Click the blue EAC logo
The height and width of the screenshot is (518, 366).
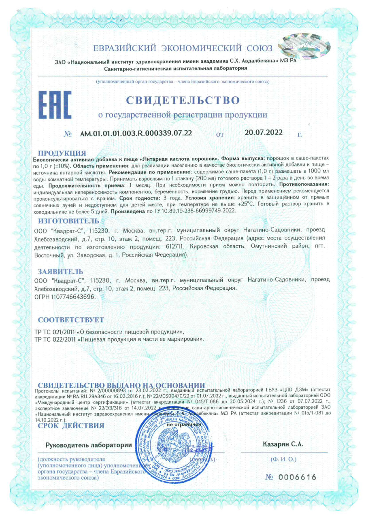click(x=55, y=104)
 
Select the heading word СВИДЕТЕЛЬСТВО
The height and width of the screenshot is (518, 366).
click(x=183, y=100)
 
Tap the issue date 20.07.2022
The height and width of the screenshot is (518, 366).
click(x=264, y=132)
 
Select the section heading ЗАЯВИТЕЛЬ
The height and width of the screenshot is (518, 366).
click(x=61, y=271)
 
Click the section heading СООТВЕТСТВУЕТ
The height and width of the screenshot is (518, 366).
click(x=71, y=320)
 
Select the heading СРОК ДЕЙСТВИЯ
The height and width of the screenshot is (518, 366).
click(x=71, y=425)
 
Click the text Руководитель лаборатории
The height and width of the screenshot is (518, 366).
click(x=89, y=445)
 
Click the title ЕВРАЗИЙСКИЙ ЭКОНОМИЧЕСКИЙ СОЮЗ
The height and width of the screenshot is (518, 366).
click(x=183, y=49)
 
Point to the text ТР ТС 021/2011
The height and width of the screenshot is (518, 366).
click(x=54, y=332)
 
